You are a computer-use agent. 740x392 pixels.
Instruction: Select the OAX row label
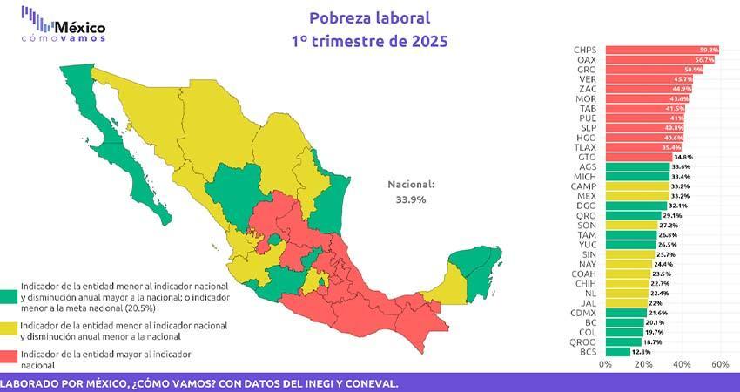pyautogui.click(x=585, y=60)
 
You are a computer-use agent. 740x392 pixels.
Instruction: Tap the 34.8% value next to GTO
pyautogui.click(x=683, y=157)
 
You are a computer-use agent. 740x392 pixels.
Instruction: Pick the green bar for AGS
pyautogui.click(x=636, y=166)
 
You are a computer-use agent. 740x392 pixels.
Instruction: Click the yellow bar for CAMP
pyautogui.click(x=636, y=186)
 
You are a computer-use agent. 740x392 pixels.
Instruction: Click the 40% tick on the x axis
pyautogui.click(x=682, y=364)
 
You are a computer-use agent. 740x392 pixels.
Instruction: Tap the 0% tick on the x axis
pyautogui.click(x=607, y=364)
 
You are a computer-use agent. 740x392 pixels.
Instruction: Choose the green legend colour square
pyautogui.click(x=10, y=294)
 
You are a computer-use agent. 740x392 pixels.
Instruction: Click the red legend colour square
pyautogui.click(x=10, y=358)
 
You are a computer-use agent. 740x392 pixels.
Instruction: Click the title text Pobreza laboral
pyautogui.click(x=370, y=18)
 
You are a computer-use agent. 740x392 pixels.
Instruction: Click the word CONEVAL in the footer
pyautogui.click(x=370, y=383)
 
